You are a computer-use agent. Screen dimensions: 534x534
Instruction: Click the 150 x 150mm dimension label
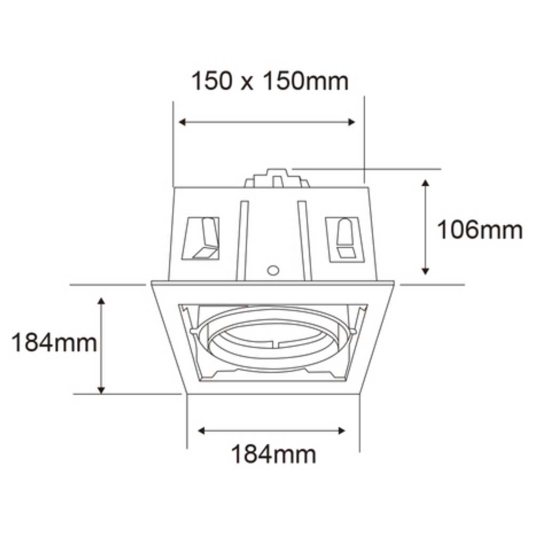(x=270, y=82)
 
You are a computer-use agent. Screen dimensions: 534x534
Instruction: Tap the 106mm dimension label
(x=479, y=230)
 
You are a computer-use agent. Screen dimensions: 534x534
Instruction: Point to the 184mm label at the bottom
(x=273, y=455)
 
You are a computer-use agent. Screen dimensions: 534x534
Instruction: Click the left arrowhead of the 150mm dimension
(x=182, y=122)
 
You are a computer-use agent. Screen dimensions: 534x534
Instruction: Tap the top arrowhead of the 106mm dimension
(x=426, y=183)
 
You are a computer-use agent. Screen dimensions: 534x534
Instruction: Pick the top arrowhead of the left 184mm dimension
(x=101, y=301)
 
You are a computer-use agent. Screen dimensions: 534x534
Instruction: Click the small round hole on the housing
(x=273, y=270)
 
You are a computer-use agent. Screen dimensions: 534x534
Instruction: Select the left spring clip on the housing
(x=203, y=238)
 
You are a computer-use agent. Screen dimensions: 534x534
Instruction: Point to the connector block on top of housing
(x=277, y=178)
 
